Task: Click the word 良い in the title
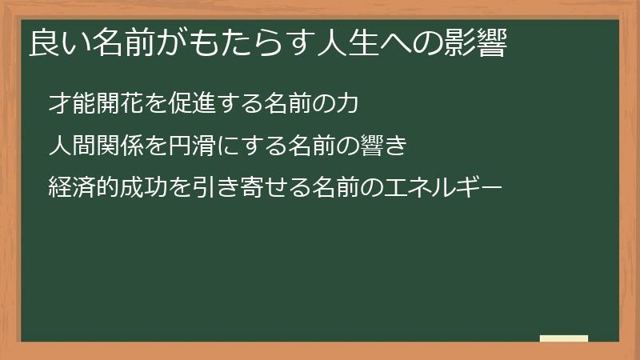(x=55, y=42)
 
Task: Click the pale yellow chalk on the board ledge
(x=563, y=339)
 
